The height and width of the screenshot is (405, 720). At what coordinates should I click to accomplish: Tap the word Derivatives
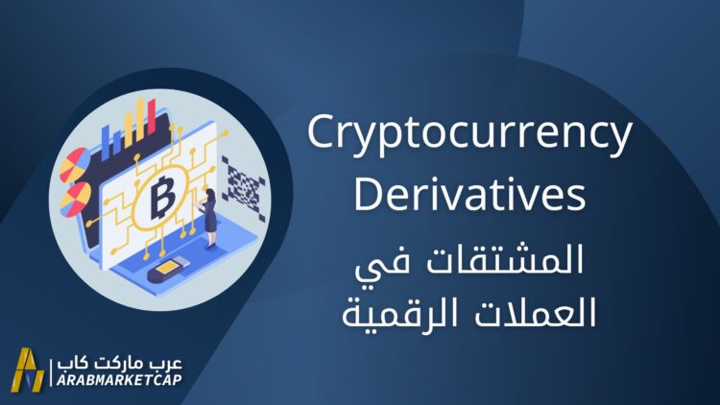click(469, 195)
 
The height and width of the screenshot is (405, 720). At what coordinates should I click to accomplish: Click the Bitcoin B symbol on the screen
click(162, 196)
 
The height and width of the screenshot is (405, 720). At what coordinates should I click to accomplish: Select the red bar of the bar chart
click(151, 117)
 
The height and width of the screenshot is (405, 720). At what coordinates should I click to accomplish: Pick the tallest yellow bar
click(140, 119)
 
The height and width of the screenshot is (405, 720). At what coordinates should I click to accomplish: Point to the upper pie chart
click(74, 164)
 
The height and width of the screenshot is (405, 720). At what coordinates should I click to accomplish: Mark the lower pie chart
click(75, 200)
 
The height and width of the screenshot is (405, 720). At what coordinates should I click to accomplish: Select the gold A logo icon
click(28, 370)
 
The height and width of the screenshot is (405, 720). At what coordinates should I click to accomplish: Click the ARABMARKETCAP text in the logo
click(119, 380)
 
